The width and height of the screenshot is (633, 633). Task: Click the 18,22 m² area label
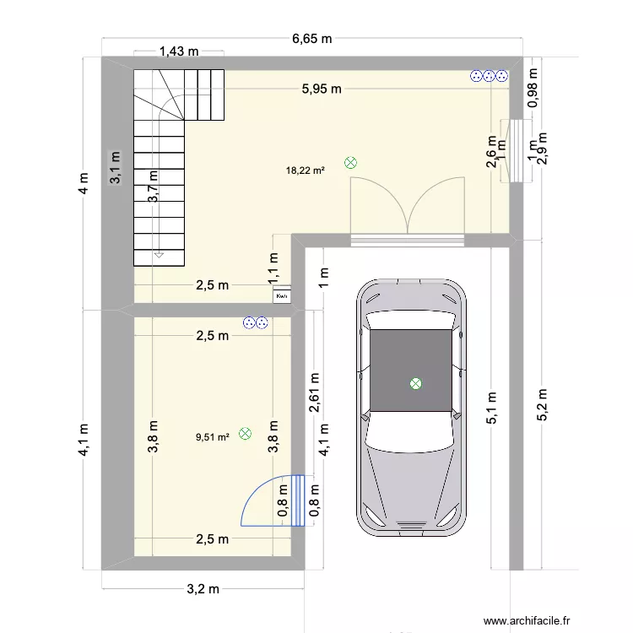point(306,170)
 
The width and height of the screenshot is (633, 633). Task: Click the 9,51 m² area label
point(213,437)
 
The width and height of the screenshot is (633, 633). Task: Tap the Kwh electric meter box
point(282,296)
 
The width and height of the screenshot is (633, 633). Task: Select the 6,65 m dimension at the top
point(312,38)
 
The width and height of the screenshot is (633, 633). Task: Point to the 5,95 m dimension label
point(324,88)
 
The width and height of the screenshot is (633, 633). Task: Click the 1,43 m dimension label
point(179,51)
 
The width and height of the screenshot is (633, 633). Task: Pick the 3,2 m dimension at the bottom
point(203,588)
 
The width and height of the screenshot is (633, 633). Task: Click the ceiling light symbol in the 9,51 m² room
point(246,434)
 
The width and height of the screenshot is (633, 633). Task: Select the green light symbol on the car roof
point(415,384)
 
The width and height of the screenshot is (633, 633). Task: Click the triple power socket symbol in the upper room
point(490,77)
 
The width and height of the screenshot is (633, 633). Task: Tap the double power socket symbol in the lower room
point(255,322)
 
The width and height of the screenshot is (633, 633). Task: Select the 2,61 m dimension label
point(314,392)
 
